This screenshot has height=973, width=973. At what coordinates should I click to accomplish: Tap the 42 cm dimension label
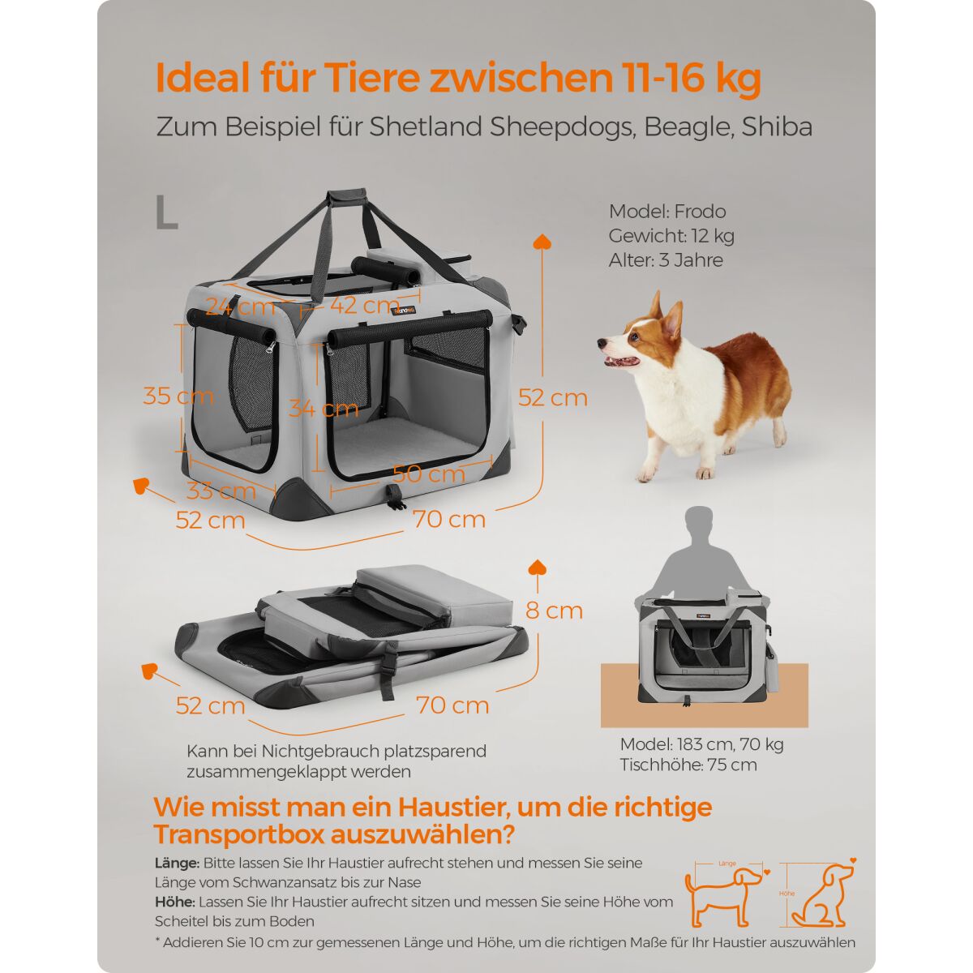tap(365, 306)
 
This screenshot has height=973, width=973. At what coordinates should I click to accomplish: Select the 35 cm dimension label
tap(178, 396)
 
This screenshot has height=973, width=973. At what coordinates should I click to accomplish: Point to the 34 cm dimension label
tap(324, 408)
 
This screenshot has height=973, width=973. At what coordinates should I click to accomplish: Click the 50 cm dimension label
tap(429, 474)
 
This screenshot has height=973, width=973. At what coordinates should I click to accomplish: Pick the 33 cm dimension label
tap(221, 491)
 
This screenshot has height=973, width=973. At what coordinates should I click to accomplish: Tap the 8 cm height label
tap(554, 611)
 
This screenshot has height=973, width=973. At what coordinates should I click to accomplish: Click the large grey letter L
tap(167, 212)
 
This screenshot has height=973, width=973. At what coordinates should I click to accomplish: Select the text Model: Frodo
tap(667, 212)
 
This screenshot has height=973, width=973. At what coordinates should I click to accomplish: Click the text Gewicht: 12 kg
tap(671, 236)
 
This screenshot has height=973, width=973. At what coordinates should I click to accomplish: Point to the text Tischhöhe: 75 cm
tap(688, 765)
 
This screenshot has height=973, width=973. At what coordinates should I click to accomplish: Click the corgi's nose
tap(601, 343)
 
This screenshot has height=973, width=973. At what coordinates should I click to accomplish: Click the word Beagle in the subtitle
tap(689, 127)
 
